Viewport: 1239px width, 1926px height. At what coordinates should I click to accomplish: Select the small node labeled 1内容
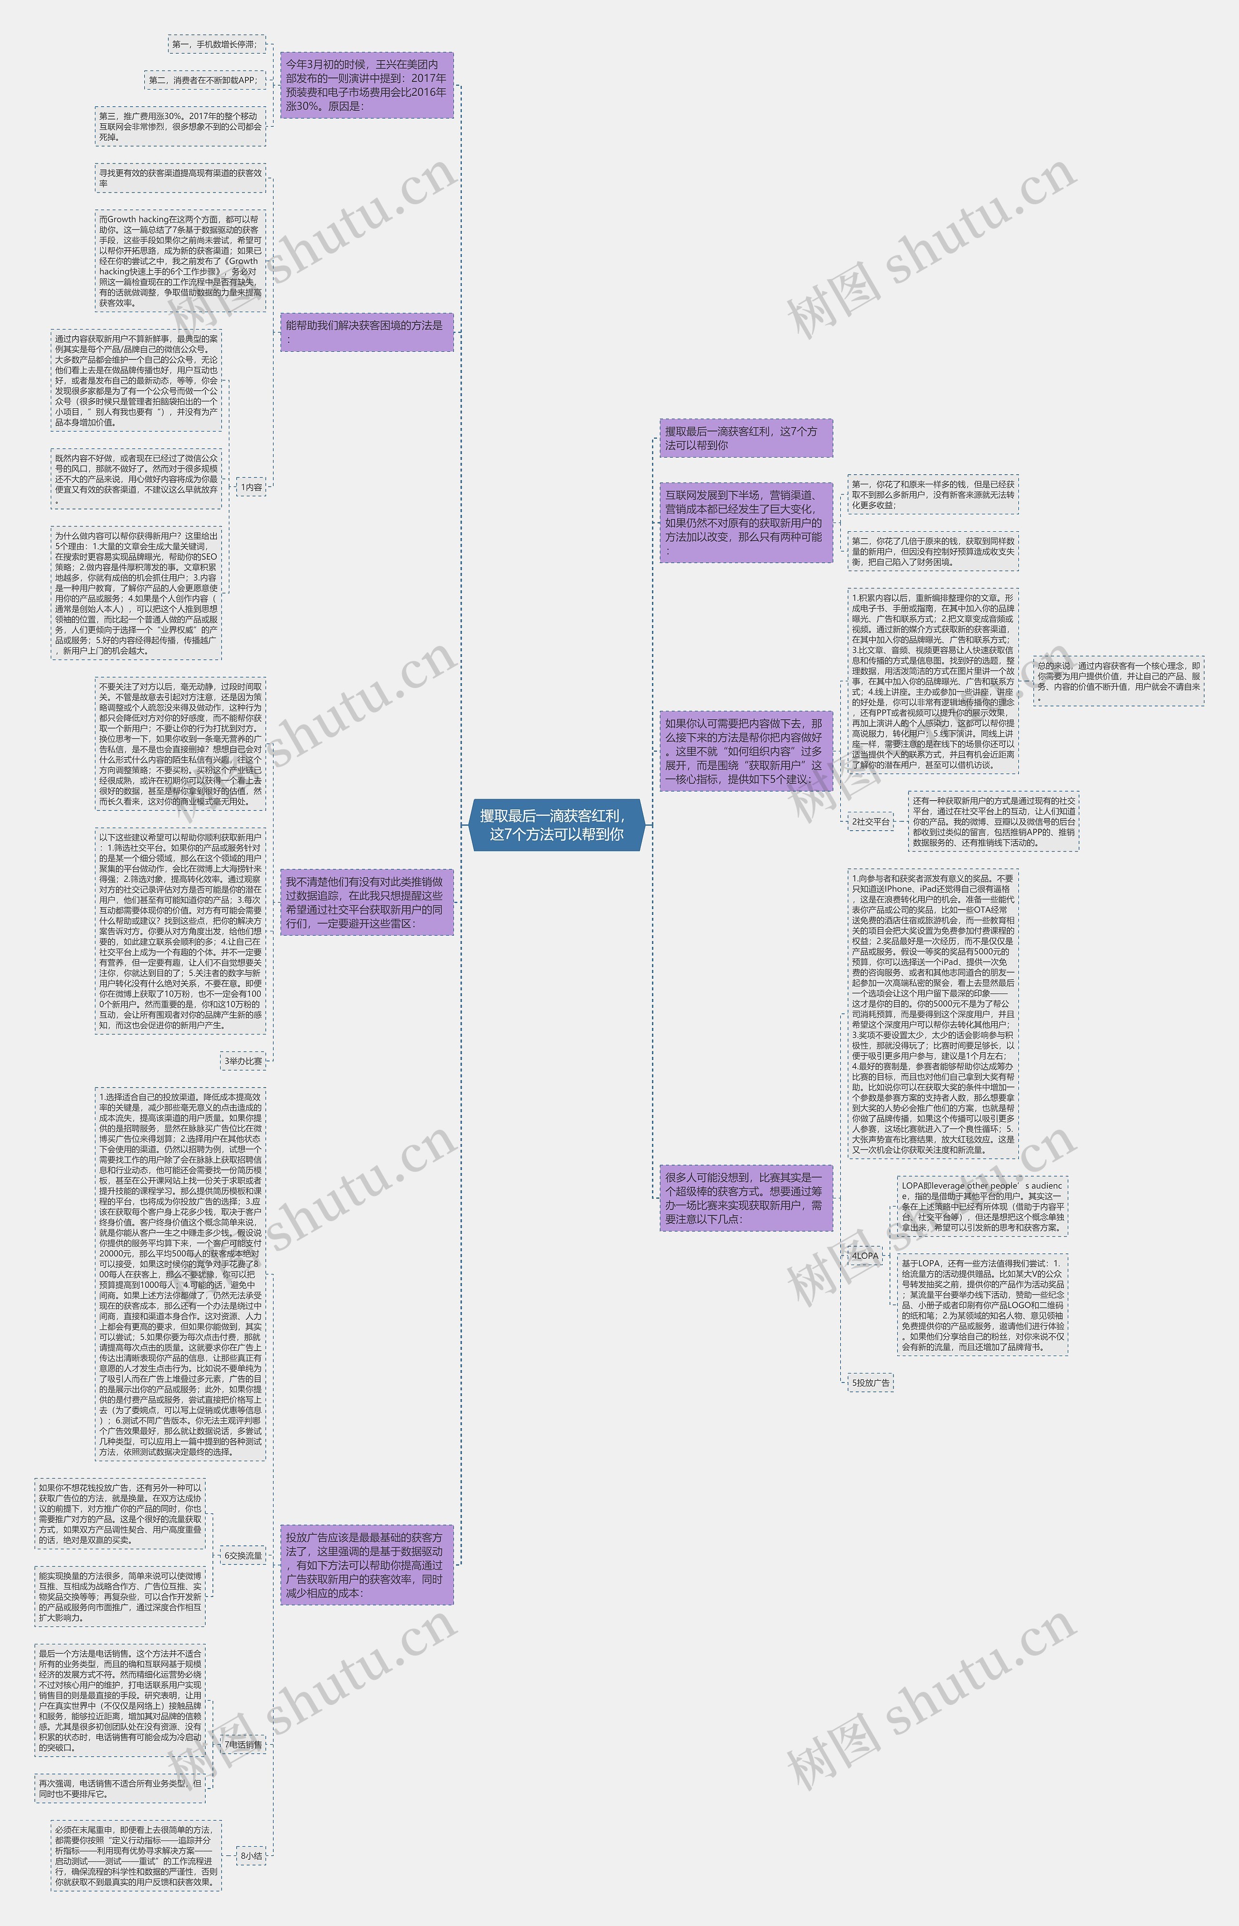[251, 487]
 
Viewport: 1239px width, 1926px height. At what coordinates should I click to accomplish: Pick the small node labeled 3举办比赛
[243, 1060]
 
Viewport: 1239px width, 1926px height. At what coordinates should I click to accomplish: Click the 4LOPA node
[865, 1255]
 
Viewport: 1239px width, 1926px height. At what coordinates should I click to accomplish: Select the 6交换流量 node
[243, 1555]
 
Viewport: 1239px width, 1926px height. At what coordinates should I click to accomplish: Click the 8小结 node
[251, 1855]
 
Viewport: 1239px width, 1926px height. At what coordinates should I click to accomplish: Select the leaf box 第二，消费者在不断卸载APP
[204, 80]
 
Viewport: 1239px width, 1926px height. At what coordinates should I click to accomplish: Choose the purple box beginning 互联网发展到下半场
[746, 523]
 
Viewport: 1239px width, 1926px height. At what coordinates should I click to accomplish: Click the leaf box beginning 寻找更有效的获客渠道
[180, 178]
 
